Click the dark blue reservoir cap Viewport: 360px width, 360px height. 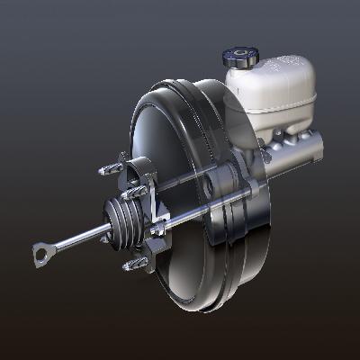pyautogui.click(x=240, y=57)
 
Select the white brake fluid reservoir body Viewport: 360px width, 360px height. pyautogui.click(x=270, y=94)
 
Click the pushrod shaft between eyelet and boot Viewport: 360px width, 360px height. pyautogui.click(x=76, y=241)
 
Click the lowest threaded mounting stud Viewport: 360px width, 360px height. pyautogui.click(x=135, y=263)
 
